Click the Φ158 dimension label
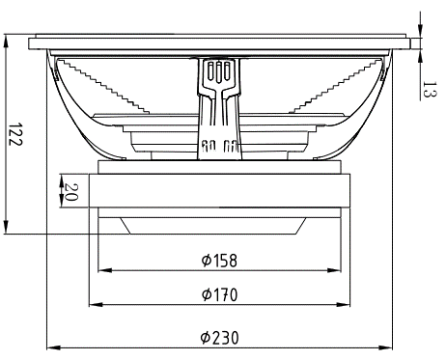pyautogui.click(x=219, y=261)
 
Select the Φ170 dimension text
pyautogui.click(x=219, y=294)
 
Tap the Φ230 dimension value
pyautogui.click(x=220, y=338)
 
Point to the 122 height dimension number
pyautogui.click(x=15, y=134)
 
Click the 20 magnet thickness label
pyautogui.click(x=71, y=192)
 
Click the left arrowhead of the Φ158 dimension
pyautogui.click(x=104, y=270)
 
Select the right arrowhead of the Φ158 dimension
pyautogui.click(x=334, y=270)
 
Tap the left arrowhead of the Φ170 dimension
pyautogui.click(x=96, y=304)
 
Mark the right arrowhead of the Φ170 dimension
pyautogui.click(x=344, y=304)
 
